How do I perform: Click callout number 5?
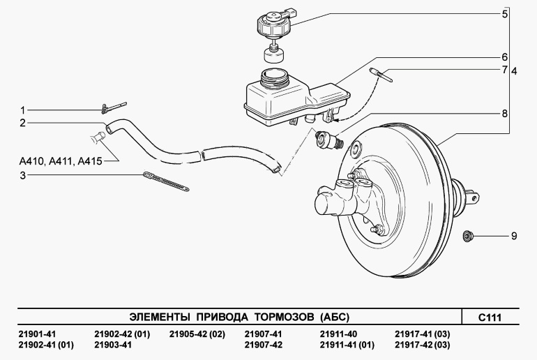(x=505, y=15)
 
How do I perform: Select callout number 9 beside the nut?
(x=514, y=236)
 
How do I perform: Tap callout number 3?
(x=22, y=175)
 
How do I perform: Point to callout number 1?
(x=22, y=110)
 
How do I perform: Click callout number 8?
(x=505, y=114)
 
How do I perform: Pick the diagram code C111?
(x=490, y=317)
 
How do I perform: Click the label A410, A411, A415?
(x=61, y=160)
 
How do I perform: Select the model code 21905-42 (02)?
(x=197, y=334)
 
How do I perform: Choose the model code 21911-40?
(x=338, y=334)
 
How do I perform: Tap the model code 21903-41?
(x=113, y=345)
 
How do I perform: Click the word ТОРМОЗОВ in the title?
(x=284, y=317)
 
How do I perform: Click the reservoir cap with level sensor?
(x=275, y=24)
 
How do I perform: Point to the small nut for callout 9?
(x=467, y=236)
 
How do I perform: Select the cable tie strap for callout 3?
(x=166, y=181)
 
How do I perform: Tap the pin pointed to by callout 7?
(x=381, y=75)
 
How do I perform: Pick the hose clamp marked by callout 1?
(x=114, y=107)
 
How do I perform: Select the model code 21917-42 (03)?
(x=422, y=345)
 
